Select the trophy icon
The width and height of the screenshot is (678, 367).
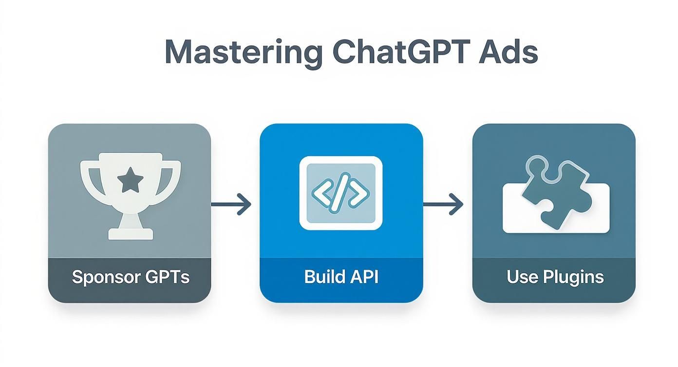coord(130,195)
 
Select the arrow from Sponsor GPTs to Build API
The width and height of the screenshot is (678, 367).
coord(231,204)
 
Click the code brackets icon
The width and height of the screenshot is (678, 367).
coord(340,193)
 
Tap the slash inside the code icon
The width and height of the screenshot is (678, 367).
coord(340,193)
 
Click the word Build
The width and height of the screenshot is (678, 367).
coord(322,277)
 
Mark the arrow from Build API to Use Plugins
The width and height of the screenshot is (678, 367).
coord(443,204)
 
